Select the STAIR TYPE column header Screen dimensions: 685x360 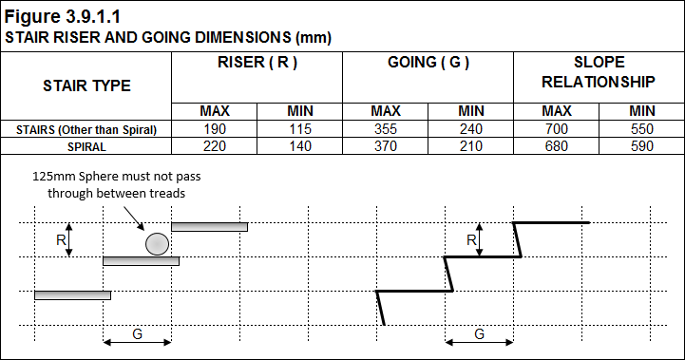86,85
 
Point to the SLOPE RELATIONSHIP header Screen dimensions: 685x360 599,72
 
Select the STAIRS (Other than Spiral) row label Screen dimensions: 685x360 86,129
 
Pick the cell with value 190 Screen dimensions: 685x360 214,129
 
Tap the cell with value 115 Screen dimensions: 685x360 299,129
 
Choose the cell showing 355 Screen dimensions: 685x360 385,129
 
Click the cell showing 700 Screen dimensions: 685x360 556,129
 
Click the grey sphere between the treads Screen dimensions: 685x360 158,244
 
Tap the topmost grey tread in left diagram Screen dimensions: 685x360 209,226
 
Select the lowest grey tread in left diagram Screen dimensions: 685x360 72,295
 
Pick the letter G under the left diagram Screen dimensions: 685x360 138,334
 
